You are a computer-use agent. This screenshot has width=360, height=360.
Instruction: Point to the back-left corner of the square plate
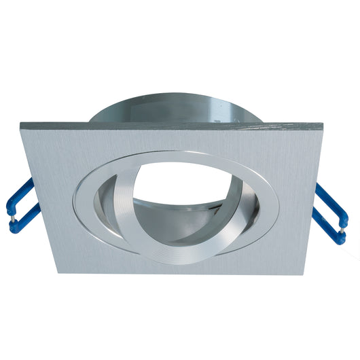pyautogui.click(x=21, y=124)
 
